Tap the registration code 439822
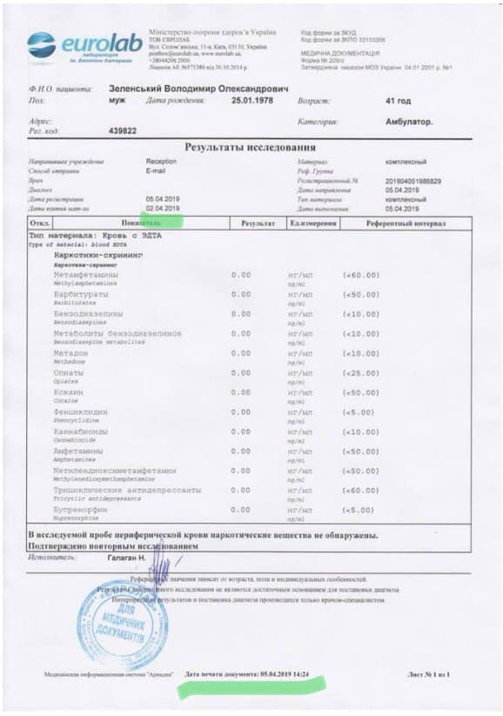coord(124,130)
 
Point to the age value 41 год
coord(398,101)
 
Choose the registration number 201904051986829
coord(413,180)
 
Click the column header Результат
coord(258,224)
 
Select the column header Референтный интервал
coord(406,224)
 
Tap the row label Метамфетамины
coord(86,275)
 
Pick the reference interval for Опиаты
coord(361,373)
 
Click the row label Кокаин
coord(69,392)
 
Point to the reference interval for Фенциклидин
coord(359,412)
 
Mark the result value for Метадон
coord(241,353)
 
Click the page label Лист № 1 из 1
coord(428,675)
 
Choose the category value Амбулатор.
coord(408,122)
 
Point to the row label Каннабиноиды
coord(81,432)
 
